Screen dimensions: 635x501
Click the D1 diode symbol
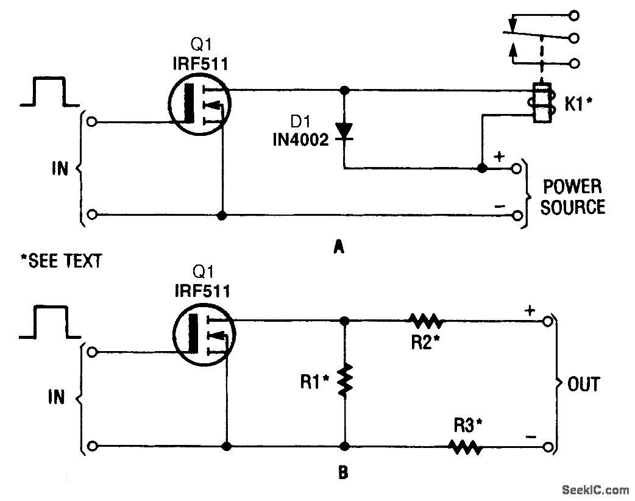pos(344,132)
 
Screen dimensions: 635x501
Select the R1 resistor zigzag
pos(345,380)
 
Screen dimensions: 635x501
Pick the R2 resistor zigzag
pos(427,321)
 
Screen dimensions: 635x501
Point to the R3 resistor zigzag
pos(465,447)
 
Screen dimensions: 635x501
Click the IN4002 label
pos(300,140)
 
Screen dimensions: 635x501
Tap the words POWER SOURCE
pos(573,197)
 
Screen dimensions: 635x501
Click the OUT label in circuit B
pos(584,384)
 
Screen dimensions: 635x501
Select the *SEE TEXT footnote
pos(62,261)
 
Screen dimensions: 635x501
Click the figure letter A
pos(339,247)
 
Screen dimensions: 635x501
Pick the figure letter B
pos(343,472)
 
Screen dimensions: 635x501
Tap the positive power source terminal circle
pos(516,168)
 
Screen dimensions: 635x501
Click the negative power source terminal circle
pos(516,215)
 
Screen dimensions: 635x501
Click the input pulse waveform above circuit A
pos(49,91)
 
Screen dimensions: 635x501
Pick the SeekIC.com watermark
pos(595,490)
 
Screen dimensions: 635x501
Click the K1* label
pos(578,105)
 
